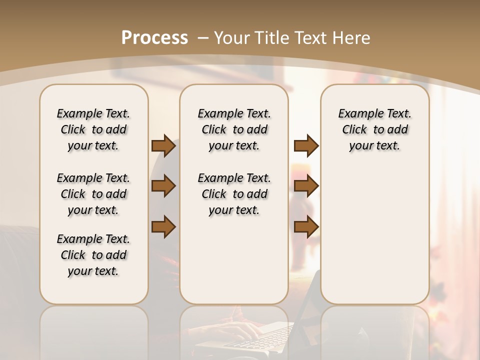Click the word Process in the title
[154, 37]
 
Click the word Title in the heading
[270, 37]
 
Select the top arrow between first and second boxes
[163, 145]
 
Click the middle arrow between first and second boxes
[163, 186]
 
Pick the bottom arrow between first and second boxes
[163, 226]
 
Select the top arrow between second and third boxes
[306, 145]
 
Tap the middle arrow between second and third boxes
[306, 186]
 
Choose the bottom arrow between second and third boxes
[306, 226]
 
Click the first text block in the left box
[93, 129]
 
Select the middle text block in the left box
[93, 194]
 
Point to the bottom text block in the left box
[93, 255]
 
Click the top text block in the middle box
[234, 129]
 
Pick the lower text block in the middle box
[234, 194]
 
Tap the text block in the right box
[375, 129]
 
